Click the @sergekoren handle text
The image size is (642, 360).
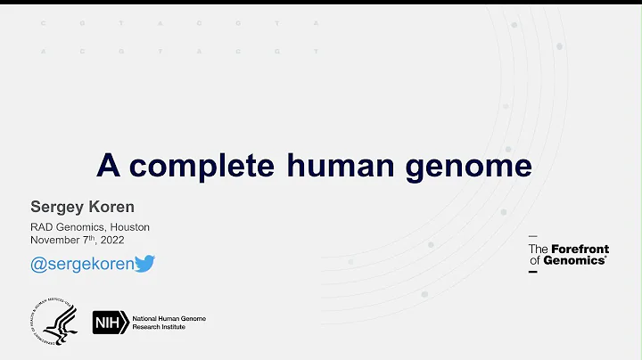click(x=81, y=263)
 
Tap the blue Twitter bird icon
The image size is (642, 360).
click(x=144, y=263)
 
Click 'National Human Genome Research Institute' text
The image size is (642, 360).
click(x=169, y=322)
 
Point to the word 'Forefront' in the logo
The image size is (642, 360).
click(x=580, y=249)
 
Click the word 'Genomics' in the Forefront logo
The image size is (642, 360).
click(x=580, y=260)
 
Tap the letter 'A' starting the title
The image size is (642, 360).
click(x=108, y=166)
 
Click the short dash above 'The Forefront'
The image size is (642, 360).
click(x=533, y=236)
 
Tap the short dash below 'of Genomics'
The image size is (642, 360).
click(x=533, y=272)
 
